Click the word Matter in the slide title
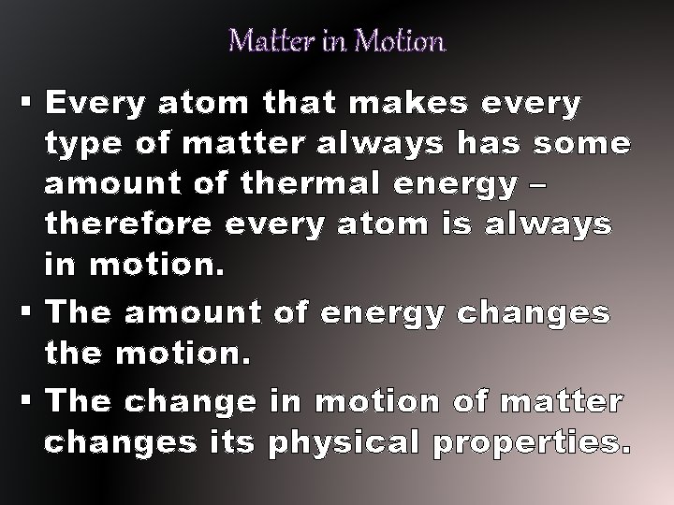pyautogui.click(x=262, y=42)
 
